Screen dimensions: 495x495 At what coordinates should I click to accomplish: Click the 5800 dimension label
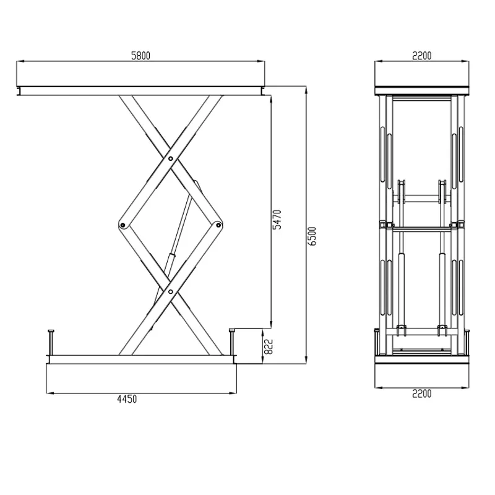point(140,55)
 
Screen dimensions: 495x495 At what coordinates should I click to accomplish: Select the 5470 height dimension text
point(277,220)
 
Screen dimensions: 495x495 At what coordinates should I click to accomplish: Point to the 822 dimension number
point(268,346)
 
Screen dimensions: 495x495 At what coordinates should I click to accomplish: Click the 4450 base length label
point(126,399)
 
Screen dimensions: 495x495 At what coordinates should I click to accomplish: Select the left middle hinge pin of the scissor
point(123,224)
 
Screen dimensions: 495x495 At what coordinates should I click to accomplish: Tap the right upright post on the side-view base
point(232,340)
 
